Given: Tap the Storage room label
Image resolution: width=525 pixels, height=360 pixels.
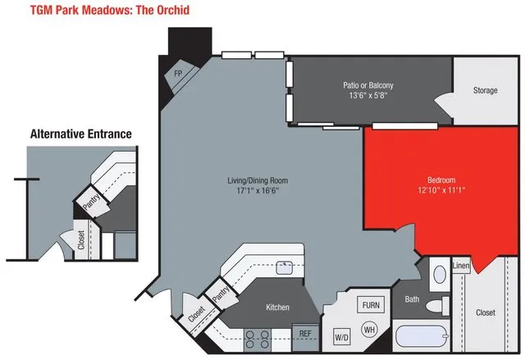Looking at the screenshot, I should pos(485,90).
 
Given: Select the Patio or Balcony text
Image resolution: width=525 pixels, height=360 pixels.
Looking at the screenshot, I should pos(367,84).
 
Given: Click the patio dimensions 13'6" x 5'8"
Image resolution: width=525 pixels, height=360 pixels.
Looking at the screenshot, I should pos(367,95).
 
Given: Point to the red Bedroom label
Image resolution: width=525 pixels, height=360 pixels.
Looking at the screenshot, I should pos(441,180).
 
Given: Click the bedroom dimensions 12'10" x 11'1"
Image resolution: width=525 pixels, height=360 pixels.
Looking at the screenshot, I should pos(441,190).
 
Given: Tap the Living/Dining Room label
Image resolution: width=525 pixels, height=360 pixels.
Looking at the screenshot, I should pos(258,180).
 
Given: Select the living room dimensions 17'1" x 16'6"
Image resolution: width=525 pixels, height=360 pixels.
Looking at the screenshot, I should pos(258,191).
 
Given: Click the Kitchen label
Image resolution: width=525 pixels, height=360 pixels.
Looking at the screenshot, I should pos(277,308).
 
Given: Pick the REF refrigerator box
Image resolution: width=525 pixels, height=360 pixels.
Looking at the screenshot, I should pos(305,334).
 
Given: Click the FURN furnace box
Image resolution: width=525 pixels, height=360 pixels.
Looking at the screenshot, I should pos(371,305).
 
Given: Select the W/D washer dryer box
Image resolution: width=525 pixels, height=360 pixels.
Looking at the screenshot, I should pos(340,337).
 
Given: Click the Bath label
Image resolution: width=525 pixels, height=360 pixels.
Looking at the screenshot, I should pos(412,300).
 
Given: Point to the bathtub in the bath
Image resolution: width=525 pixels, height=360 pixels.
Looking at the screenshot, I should pos(422,337).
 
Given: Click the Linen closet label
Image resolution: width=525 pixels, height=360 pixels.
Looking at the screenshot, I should pos(460,267).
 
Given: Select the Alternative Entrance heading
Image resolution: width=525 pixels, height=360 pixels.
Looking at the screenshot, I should pos(80,134).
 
